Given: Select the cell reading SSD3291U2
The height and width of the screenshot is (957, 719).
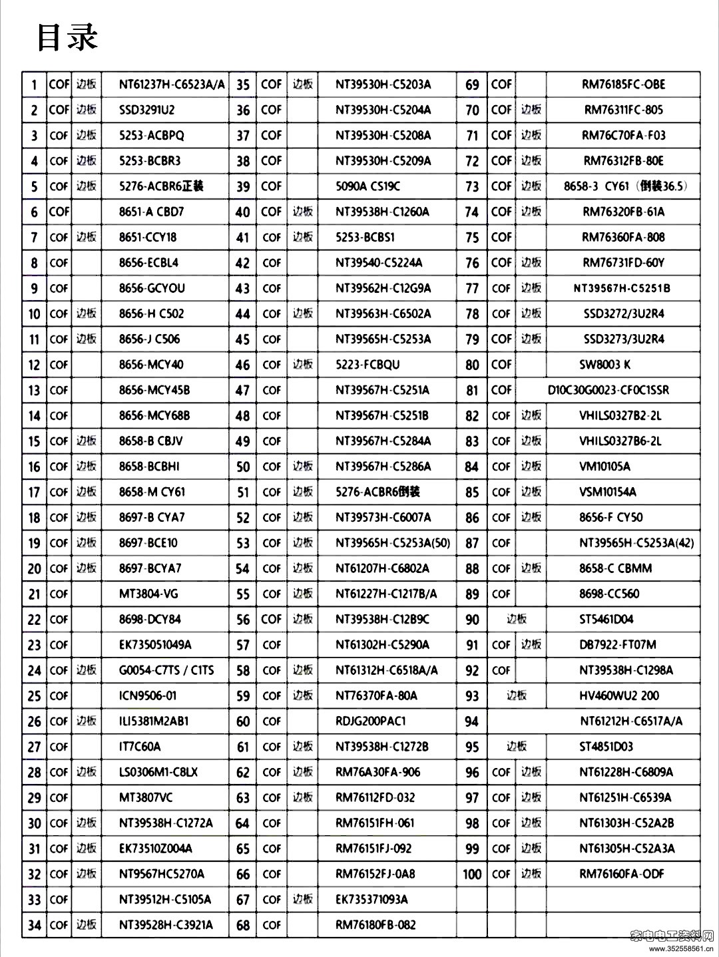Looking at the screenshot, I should [x=146, y=110].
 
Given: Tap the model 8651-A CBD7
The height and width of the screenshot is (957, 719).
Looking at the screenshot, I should [x=151, y=212].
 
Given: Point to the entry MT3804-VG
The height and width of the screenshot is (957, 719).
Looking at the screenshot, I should [x=148, y=594].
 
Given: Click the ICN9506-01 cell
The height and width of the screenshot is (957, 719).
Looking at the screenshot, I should [x=148, y=695].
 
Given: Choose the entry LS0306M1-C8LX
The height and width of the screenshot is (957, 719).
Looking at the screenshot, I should [x=158, y=772].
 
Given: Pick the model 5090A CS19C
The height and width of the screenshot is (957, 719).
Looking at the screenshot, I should [x=368, y=186].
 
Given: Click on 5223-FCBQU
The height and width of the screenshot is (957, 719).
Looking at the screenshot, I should [x=367, y=365].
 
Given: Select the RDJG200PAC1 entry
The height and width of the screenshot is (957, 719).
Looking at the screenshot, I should [x=371, y=721].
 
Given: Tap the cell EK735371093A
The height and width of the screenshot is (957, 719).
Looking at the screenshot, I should [x=371, y=899].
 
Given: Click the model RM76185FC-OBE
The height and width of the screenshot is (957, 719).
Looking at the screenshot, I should [x=623, y=85].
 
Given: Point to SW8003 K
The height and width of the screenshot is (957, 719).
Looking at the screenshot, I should [x=604, y=365].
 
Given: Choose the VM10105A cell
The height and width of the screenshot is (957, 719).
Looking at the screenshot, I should [x=604, y=467].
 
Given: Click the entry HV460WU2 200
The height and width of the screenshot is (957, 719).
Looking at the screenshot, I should [x=619, y=695].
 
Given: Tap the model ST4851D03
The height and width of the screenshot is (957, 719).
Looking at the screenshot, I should [x=606, y=747].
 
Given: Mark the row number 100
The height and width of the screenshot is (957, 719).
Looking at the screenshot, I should [x=471, y=874].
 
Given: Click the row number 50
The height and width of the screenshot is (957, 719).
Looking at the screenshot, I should [x=243, y=467].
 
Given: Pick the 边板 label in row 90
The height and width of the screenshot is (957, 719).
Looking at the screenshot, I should [x=517, y=619].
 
